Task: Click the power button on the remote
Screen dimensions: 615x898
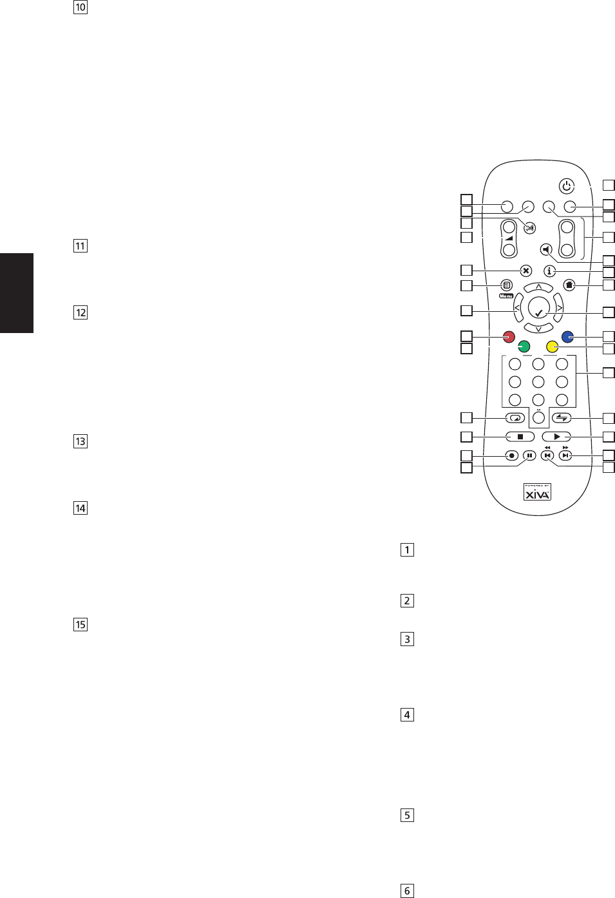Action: pyautogui.click(x=567, y=186)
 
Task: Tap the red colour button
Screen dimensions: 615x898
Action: pyautogui.click(x=509, y=337)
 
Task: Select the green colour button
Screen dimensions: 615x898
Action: pyautogui.click(x=524, y=347)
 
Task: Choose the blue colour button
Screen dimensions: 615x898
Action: pyautogui.click(x=568, y=337)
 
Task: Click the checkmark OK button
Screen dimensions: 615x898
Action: pyautogui.click(x=539, y=309)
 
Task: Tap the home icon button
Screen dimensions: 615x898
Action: pyautogui.click(x=569, y=285)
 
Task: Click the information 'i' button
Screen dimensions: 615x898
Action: pyautogui.click(x=549, y=271)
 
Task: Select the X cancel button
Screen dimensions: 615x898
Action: pyautogui.click(x=526, y=271)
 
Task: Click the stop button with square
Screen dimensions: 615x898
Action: pyautogui.click(x=520, y=437)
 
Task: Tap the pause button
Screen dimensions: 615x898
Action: pyautogui.click(x=529, y=455)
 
